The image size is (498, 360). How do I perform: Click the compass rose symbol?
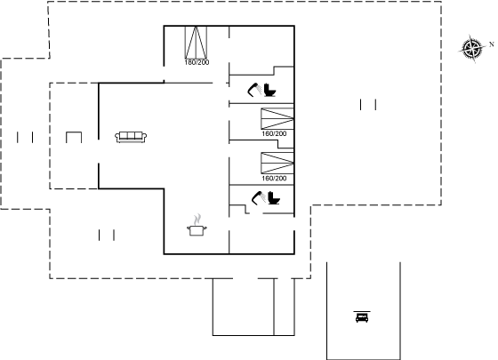click(x=472, y=49)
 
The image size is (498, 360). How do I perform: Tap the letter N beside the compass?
click(x=492, y=44)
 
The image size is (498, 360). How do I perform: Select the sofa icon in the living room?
click(x=131, y=137)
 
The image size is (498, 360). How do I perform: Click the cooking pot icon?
click(x=197, y=230)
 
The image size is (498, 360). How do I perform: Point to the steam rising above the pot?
click(x=197, y=219)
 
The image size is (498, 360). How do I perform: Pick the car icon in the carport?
click(x=362, y=317)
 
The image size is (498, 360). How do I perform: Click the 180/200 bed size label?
click(x=197, y=62)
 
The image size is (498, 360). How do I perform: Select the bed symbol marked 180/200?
click(x=196, y=43)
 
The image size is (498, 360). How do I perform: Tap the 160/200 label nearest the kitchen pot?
click(x=274, y=179)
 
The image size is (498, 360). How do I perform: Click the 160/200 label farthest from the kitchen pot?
click(x=274, y=133)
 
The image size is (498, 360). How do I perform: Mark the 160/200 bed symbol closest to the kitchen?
click(x=277, y=164)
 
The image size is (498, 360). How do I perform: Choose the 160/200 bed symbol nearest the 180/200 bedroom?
click(x=277, y=119)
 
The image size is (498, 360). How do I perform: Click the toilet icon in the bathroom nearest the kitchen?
click(x=274, y=197)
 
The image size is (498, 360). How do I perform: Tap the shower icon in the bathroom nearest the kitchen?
click(x=257, y=198)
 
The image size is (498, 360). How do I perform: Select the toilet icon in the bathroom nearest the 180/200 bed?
click(x=269, y=90)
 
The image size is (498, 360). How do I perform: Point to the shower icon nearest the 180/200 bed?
click(x=253, y=90)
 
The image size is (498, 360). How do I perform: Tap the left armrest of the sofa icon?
click(x=117, y=137)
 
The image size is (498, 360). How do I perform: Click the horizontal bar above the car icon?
click(x=362, y=312)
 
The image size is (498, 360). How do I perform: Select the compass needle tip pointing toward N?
click(x=486, y=46)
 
